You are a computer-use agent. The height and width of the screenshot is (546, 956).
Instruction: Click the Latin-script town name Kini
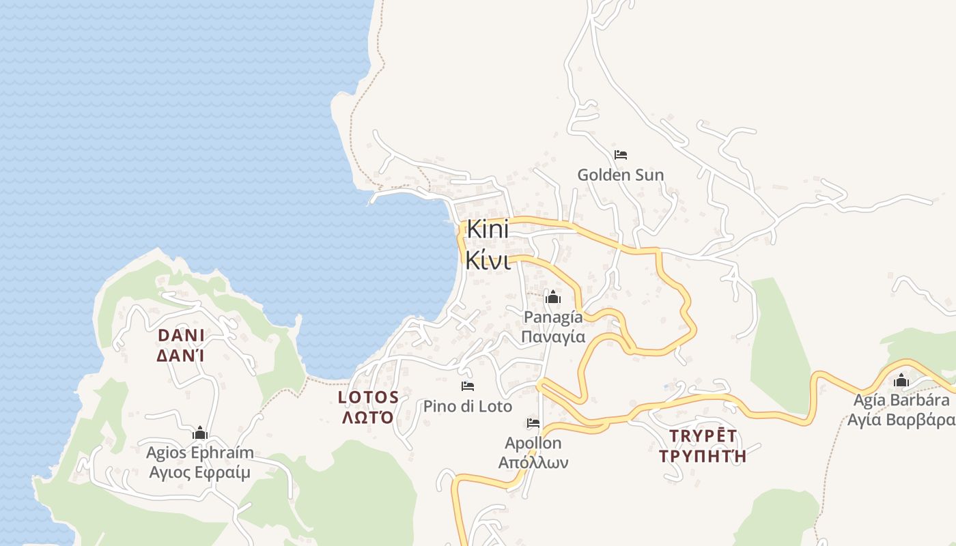(488, 229)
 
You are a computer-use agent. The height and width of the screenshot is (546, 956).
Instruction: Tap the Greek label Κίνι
(488, 259)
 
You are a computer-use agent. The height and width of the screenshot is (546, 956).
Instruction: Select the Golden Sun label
(620, 175)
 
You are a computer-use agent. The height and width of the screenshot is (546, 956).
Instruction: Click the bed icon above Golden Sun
(620, 155)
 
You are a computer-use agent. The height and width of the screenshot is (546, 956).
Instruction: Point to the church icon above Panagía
(552, 298)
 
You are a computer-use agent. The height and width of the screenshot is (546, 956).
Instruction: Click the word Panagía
(553, 317)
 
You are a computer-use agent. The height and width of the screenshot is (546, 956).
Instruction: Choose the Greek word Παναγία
(553, 336)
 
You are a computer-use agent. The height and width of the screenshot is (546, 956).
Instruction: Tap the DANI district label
(181, 335)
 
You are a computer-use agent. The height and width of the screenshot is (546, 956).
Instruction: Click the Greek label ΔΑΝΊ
(181, 356)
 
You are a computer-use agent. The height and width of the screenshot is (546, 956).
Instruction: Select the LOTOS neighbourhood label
(368, 397)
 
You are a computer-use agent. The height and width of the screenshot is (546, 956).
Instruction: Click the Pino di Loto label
(467, 407)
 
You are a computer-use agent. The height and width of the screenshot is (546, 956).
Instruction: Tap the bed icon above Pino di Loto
(467, 386)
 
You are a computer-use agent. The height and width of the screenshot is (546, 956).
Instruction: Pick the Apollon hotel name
(533, 444)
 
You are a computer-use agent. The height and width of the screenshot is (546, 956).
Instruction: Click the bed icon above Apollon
(533, 424)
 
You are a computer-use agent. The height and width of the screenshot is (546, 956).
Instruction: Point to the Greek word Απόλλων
(533, 463)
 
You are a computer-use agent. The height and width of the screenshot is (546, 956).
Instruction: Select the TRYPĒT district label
(703, 436)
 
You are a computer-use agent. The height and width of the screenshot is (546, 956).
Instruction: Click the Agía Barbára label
(901, 400)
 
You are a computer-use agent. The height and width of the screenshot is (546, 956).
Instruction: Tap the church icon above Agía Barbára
(901, 380)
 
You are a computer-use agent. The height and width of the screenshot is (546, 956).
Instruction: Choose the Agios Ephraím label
(199, 452)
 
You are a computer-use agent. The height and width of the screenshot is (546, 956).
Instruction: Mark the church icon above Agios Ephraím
(199, 433)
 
